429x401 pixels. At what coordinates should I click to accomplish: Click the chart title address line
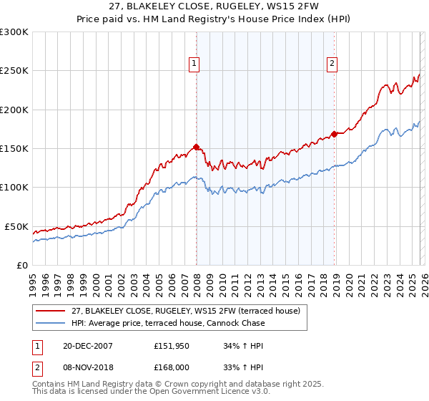(x=214, y=6)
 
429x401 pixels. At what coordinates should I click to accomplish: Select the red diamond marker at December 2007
(x=196, y=148)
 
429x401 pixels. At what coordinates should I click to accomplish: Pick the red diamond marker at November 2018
(x=334, y=135)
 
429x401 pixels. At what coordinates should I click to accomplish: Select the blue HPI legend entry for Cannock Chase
(x=168, y=323)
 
